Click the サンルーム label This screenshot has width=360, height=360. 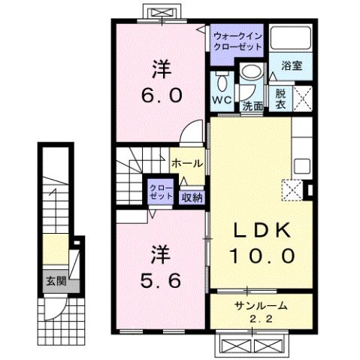pos(260,305)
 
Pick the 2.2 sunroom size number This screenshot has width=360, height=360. pos(260,319)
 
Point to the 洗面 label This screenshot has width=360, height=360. pos(253,106)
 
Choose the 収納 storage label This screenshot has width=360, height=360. pos(191,197)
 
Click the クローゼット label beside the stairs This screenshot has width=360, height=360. pos(159,191)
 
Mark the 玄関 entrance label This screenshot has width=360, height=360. pos(50,283)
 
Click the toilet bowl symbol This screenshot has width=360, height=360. pos(223,83)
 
